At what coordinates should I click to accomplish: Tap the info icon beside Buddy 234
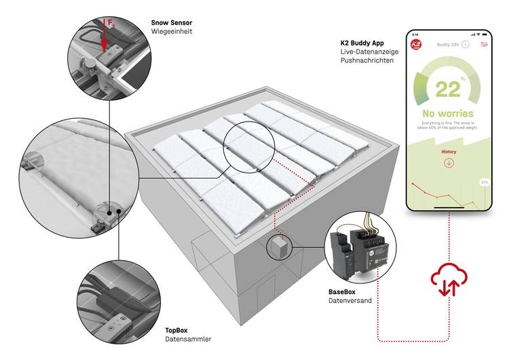pyautogui.click(x=465, y=44)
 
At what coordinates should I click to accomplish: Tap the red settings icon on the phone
pyautogui.click(x=484, y=44)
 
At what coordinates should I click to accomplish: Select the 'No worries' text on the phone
pyautogui.click(x=447, y=113)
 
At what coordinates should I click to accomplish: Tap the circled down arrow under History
pyautogui.click(x=448, y=164)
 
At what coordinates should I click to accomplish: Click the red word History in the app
pyautogui.click(x=448, y=151)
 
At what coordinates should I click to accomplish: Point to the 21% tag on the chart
pyautogui.click(x=485, y=182)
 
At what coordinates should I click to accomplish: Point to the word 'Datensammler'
pyautogui.click(x=187, y=338)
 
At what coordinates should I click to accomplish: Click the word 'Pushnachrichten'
pyautogui.click(x=366, y=61)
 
